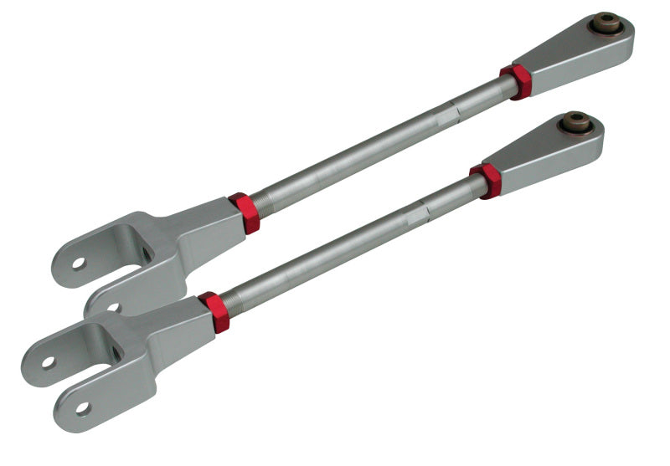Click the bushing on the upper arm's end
click(606, 23)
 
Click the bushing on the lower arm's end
click(576, 122)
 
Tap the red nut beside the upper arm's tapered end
click(518, 81)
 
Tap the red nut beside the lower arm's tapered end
click(487, 180)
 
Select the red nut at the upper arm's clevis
click(245, 213)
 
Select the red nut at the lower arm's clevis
click(214, 311)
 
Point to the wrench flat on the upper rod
click(453, 109)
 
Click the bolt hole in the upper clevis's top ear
click(78, 263)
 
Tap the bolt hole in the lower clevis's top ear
click(48, 362)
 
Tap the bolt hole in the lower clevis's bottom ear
click(82, 407)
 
